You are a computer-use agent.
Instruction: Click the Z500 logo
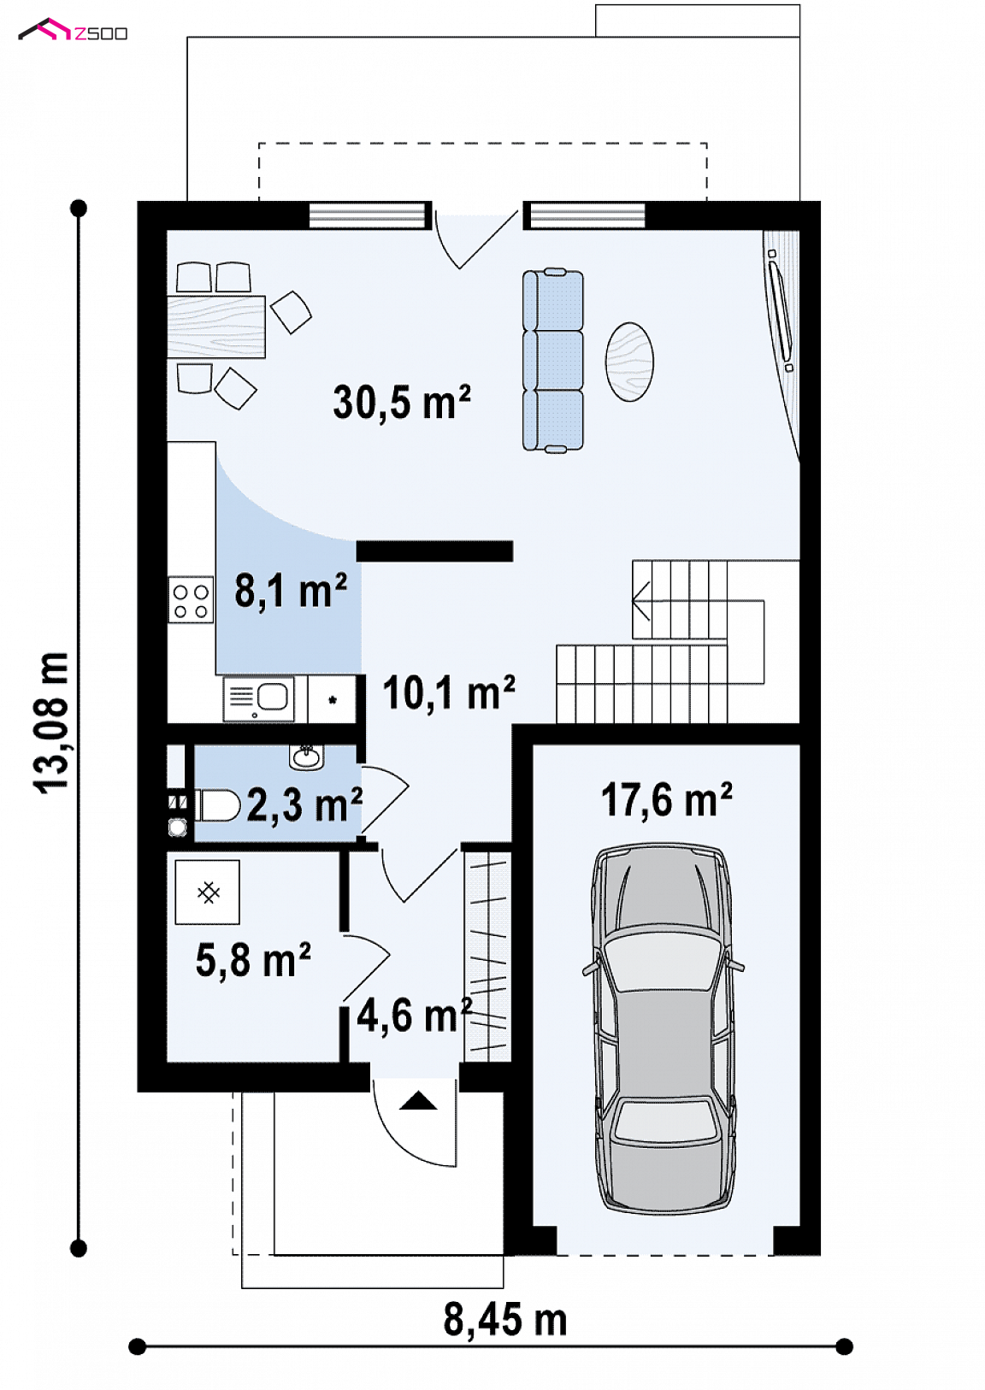tap(73, 31)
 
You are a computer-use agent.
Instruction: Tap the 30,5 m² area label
tap(402, 402)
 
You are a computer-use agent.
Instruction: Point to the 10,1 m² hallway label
tap(448, 692)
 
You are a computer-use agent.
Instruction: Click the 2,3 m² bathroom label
tap(304, 804)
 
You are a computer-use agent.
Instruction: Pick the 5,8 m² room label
tap(252, 960)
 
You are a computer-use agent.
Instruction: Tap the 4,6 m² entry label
tap(414, 1016)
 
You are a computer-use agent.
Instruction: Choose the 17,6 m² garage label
tap(666, 799)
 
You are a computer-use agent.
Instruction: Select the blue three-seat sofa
tap(552, 360)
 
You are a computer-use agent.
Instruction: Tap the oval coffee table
tap(629, 362)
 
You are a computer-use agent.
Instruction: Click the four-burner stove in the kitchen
tap(192, 600)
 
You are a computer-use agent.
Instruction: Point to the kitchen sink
tap(258, 698)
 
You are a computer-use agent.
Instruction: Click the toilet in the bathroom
tap(217, 805)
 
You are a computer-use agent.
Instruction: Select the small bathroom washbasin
tap(305, 757)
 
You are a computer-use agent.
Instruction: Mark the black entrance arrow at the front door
tap(418, 1100)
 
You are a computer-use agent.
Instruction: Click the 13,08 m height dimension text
tap(51, 722)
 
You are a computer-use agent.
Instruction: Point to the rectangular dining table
tap(216, 327)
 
